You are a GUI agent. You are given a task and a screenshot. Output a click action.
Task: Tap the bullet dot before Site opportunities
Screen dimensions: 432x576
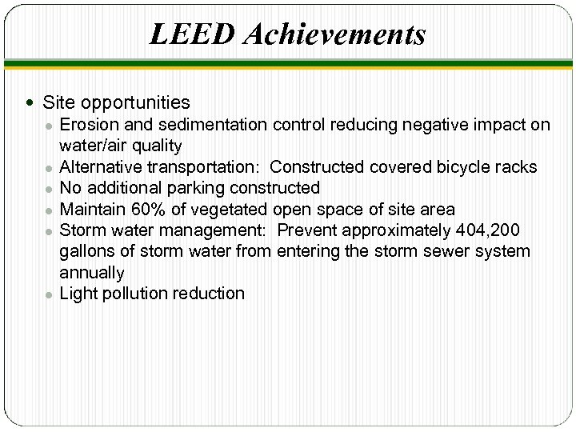click(x=30, y=103)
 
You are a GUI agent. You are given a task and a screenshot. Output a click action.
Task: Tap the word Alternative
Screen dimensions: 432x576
click(x=100, y=167)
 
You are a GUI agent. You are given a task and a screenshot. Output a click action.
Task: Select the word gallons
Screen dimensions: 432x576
click(x=86, y=251)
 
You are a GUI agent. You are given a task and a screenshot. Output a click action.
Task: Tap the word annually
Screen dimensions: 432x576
click(x=92, y=273)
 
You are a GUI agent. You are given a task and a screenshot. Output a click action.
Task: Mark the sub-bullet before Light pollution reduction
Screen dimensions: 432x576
click(x=49, y=294)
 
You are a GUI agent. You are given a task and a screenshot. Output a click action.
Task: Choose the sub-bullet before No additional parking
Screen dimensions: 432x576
click(x=49, y=189)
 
